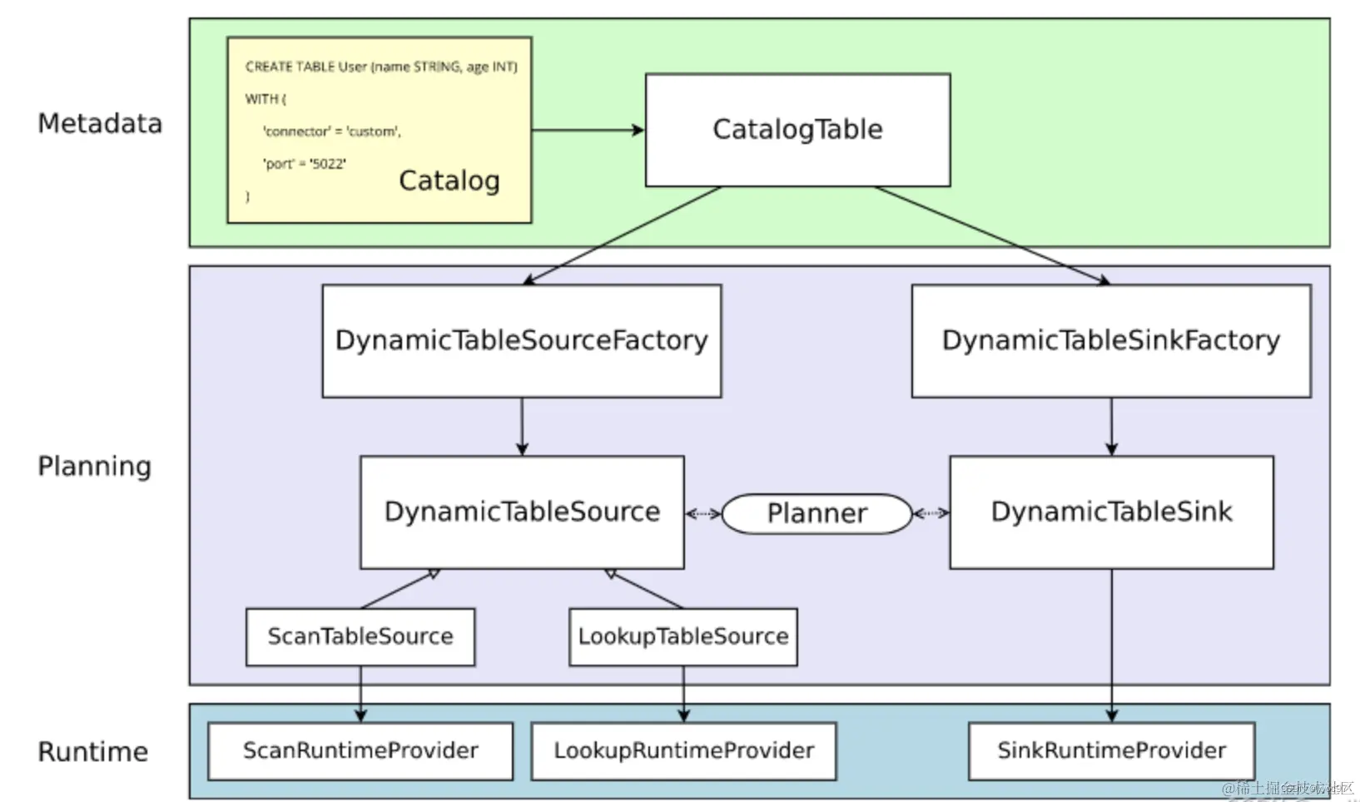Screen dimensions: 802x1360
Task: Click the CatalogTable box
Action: [797, 130]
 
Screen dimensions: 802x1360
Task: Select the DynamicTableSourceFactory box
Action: [521, 340]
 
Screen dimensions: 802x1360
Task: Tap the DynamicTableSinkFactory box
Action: [1110, 340]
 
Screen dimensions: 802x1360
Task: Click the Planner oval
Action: [816, 513]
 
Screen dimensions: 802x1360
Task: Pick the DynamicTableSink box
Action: [1110, 512]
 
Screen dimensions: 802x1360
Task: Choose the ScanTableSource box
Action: [360, 636]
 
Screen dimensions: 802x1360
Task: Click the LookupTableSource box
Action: [682, 636]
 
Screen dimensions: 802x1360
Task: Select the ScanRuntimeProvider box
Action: [360, 750]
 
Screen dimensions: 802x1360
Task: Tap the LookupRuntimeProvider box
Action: [682, 750]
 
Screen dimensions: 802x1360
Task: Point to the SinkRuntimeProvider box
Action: [1110, 750]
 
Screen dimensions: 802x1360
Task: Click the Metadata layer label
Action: [100, 124]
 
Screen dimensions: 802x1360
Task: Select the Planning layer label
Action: [94, 466]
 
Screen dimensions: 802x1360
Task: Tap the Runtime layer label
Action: [92, 751]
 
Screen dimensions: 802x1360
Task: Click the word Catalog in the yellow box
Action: [449, 181]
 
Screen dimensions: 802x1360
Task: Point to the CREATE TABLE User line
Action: [380, 67]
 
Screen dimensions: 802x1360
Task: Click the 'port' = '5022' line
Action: [304, 164]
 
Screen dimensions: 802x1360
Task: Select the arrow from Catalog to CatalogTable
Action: [587, 130]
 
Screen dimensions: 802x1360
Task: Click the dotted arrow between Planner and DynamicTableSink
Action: [931, 513]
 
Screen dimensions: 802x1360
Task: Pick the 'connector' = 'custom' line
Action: [331, 131]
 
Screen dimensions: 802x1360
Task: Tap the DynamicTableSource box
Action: [521, 512]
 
